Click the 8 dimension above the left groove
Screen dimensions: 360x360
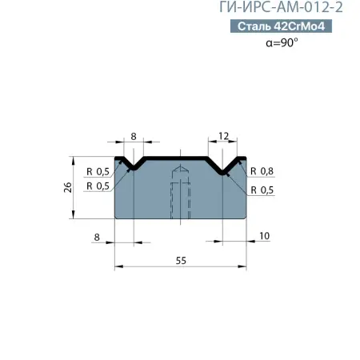(132, 137)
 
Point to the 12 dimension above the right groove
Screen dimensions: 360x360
(223, 137)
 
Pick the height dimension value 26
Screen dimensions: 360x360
(70, 187)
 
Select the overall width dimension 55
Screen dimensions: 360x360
(180, 261)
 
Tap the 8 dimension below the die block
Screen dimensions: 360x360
(97, 236)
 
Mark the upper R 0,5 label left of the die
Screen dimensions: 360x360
(97, 171)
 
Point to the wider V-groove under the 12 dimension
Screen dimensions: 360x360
(223, 166)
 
